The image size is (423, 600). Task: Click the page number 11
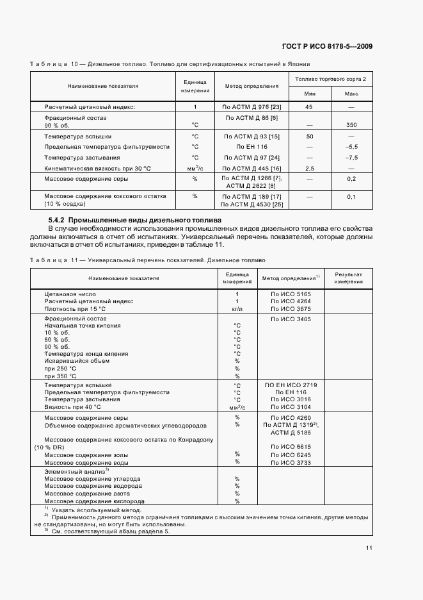369,547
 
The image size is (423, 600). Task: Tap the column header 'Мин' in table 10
309,94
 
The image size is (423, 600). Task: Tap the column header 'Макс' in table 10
351,94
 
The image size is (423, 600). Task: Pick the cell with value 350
351,125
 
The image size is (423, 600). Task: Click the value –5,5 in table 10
351,147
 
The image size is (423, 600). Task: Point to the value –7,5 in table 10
351,158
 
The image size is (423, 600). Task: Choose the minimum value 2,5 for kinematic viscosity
309,168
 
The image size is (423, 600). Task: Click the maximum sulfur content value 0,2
351,178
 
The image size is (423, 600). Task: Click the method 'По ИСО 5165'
291,293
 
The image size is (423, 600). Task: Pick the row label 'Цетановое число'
65,293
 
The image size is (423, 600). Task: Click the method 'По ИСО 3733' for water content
291,462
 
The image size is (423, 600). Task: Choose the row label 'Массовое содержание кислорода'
94,501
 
